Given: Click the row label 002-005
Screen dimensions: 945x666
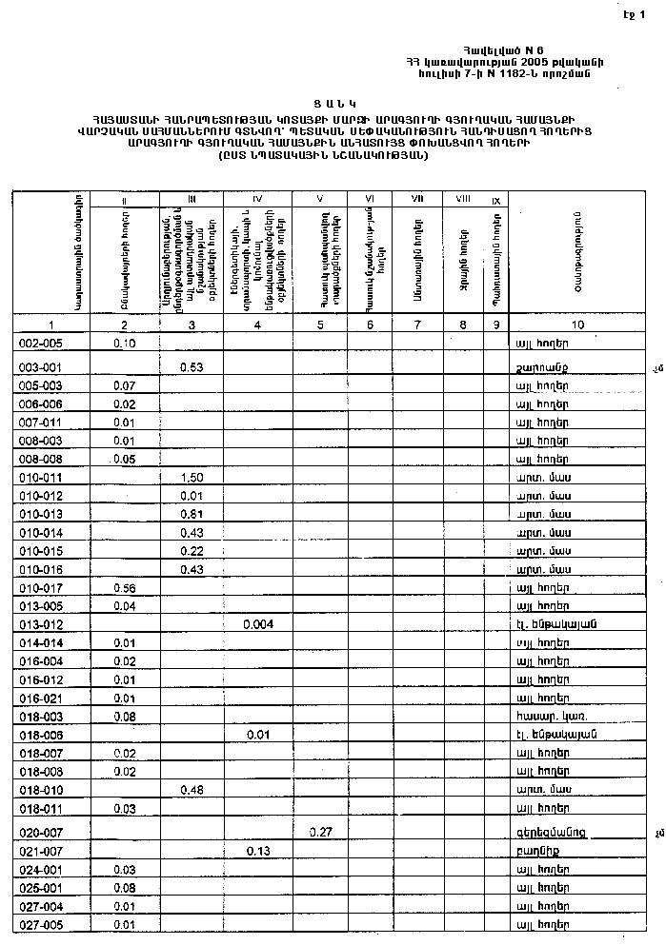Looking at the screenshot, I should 40,343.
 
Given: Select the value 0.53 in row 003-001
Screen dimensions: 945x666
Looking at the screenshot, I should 192,366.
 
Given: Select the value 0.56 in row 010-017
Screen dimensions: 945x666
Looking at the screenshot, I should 124,588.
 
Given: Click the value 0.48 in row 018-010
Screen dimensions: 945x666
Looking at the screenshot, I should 192,789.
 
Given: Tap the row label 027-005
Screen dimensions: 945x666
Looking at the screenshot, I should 40,924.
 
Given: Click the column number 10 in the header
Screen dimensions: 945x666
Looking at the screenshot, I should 578,325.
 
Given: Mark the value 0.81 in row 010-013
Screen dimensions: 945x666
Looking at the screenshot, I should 192,514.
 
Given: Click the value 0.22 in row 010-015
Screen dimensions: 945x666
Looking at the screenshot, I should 192,551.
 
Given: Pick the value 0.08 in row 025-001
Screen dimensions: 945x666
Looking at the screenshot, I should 124,887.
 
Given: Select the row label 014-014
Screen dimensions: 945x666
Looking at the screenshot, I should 40,643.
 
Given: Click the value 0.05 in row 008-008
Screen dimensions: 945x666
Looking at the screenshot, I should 124,459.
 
